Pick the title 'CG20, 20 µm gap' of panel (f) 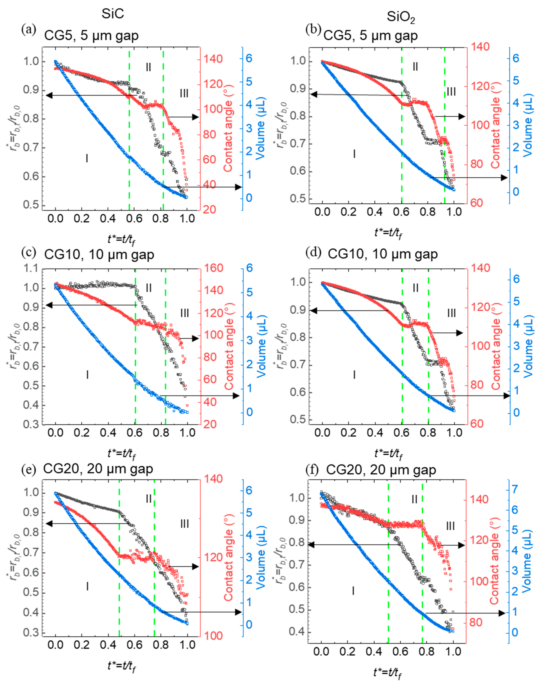pyautogui.click(x=381, y=470)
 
